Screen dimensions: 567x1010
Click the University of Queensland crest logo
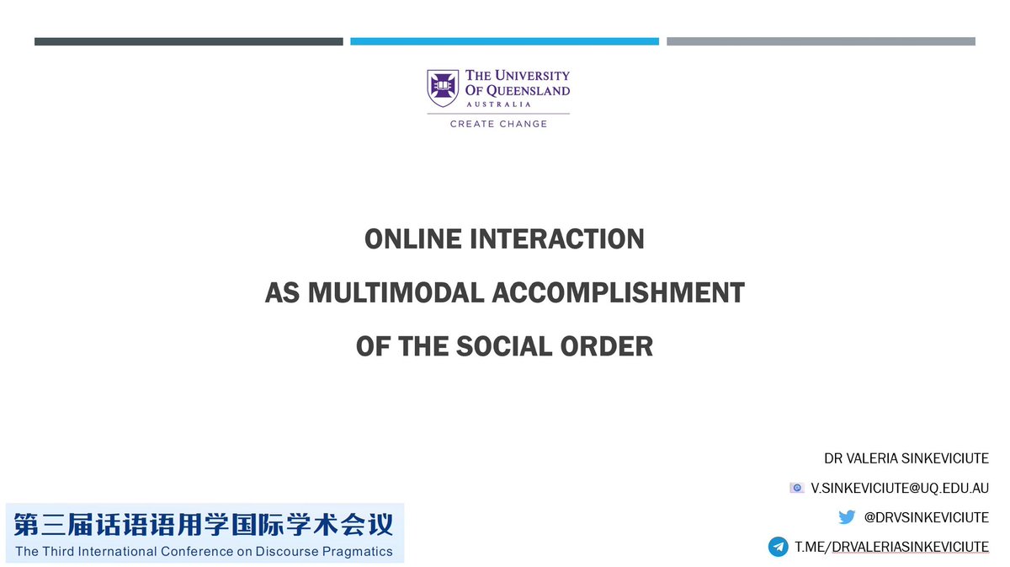point(443,88)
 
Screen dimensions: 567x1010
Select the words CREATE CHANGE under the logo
point(498,124)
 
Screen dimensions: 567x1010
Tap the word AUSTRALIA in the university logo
point(500,104)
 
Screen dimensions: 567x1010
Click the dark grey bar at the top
point(189,41)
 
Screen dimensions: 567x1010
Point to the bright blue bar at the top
point(504,41)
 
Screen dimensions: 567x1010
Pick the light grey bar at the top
point(821,41)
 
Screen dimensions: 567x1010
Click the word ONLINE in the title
point(405,239)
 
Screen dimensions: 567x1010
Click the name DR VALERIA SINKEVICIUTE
point(906,459)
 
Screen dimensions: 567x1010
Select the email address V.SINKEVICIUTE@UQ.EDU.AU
point(900,489)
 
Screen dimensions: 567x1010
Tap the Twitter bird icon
point(847,517)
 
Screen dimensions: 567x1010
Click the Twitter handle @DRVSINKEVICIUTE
point(926,517)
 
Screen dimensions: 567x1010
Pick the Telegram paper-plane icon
point(778,547)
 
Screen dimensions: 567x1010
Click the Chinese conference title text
point(204,527)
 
